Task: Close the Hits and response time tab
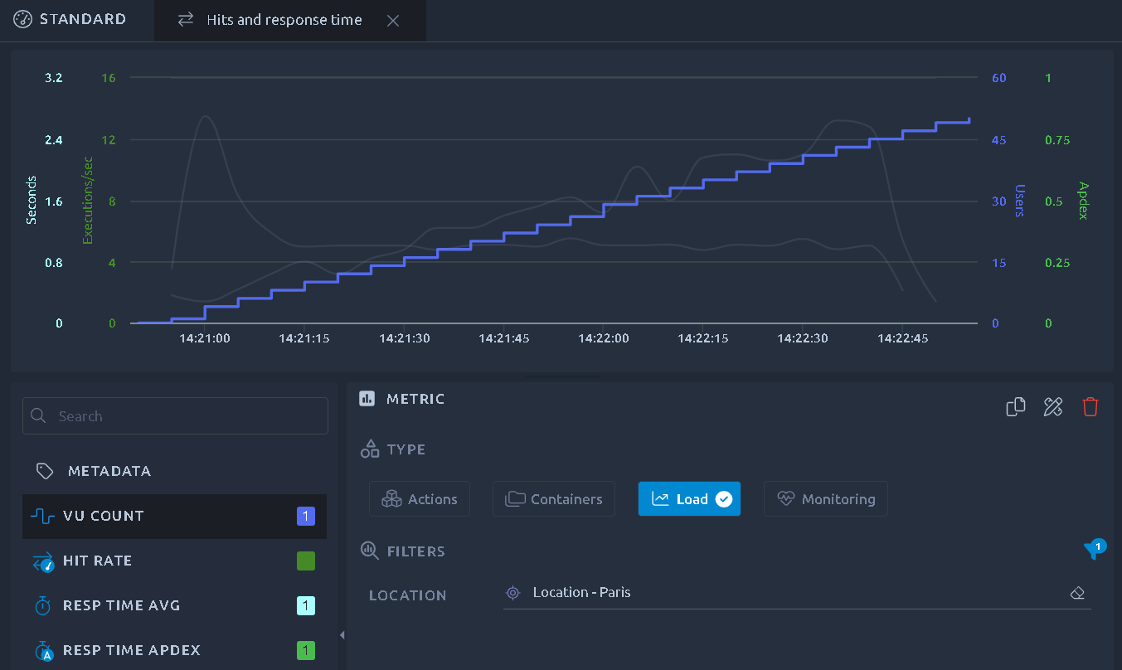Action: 393,21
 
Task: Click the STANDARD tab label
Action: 83,19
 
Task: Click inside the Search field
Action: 175,415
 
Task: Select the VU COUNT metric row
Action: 174,517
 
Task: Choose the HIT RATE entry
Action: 174,561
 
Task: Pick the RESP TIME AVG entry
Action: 174,605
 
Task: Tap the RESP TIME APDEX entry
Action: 174,650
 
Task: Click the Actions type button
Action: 420,498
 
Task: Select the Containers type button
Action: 553,498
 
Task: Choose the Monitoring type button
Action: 825,498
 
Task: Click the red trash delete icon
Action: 1090,406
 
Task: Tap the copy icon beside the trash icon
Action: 1016,406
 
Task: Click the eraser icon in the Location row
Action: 1077,593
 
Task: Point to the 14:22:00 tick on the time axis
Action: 603,338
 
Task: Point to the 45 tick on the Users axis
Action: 998,140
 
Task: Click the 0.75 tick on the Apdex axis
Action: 1057,140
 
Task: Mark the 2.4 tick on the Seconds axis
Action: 54,140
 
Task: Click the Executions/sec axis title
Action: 88,201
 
